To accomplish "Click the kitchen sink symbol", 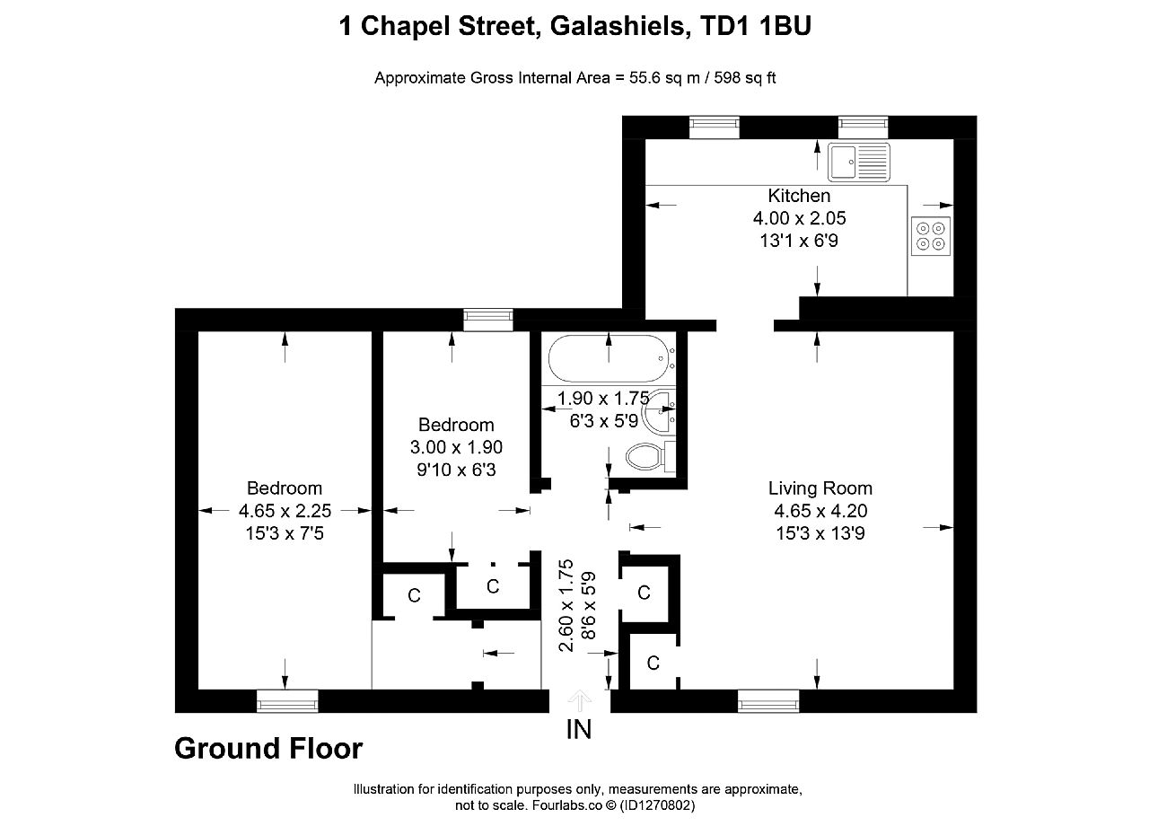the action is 859,163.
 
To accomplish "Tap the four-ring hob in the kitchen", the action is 931,236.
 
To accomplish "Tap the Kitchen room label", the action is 799,196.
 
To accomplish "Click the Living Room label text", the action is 820,488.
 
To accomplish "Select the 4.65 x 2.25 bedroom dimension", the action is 285,510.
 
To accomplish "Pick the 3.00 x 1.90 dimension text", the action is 456,447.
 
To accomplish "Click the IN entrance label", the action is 579,729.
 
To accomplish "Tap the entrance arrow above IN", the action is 580,700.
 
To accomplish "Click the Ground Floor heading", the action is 268,748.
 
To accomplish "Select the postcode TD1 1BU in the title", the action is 756,26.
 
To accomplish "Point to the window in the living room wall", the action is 768,701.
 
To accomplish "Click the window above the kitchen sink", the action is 864,127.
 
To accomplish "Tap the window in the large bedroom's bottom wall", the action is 287,701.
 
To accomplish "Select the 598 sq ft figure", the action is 745,78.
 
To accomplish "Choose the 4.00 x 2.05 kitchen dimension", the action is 799,218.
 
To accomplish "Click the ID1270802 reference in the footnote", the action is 657,805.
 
